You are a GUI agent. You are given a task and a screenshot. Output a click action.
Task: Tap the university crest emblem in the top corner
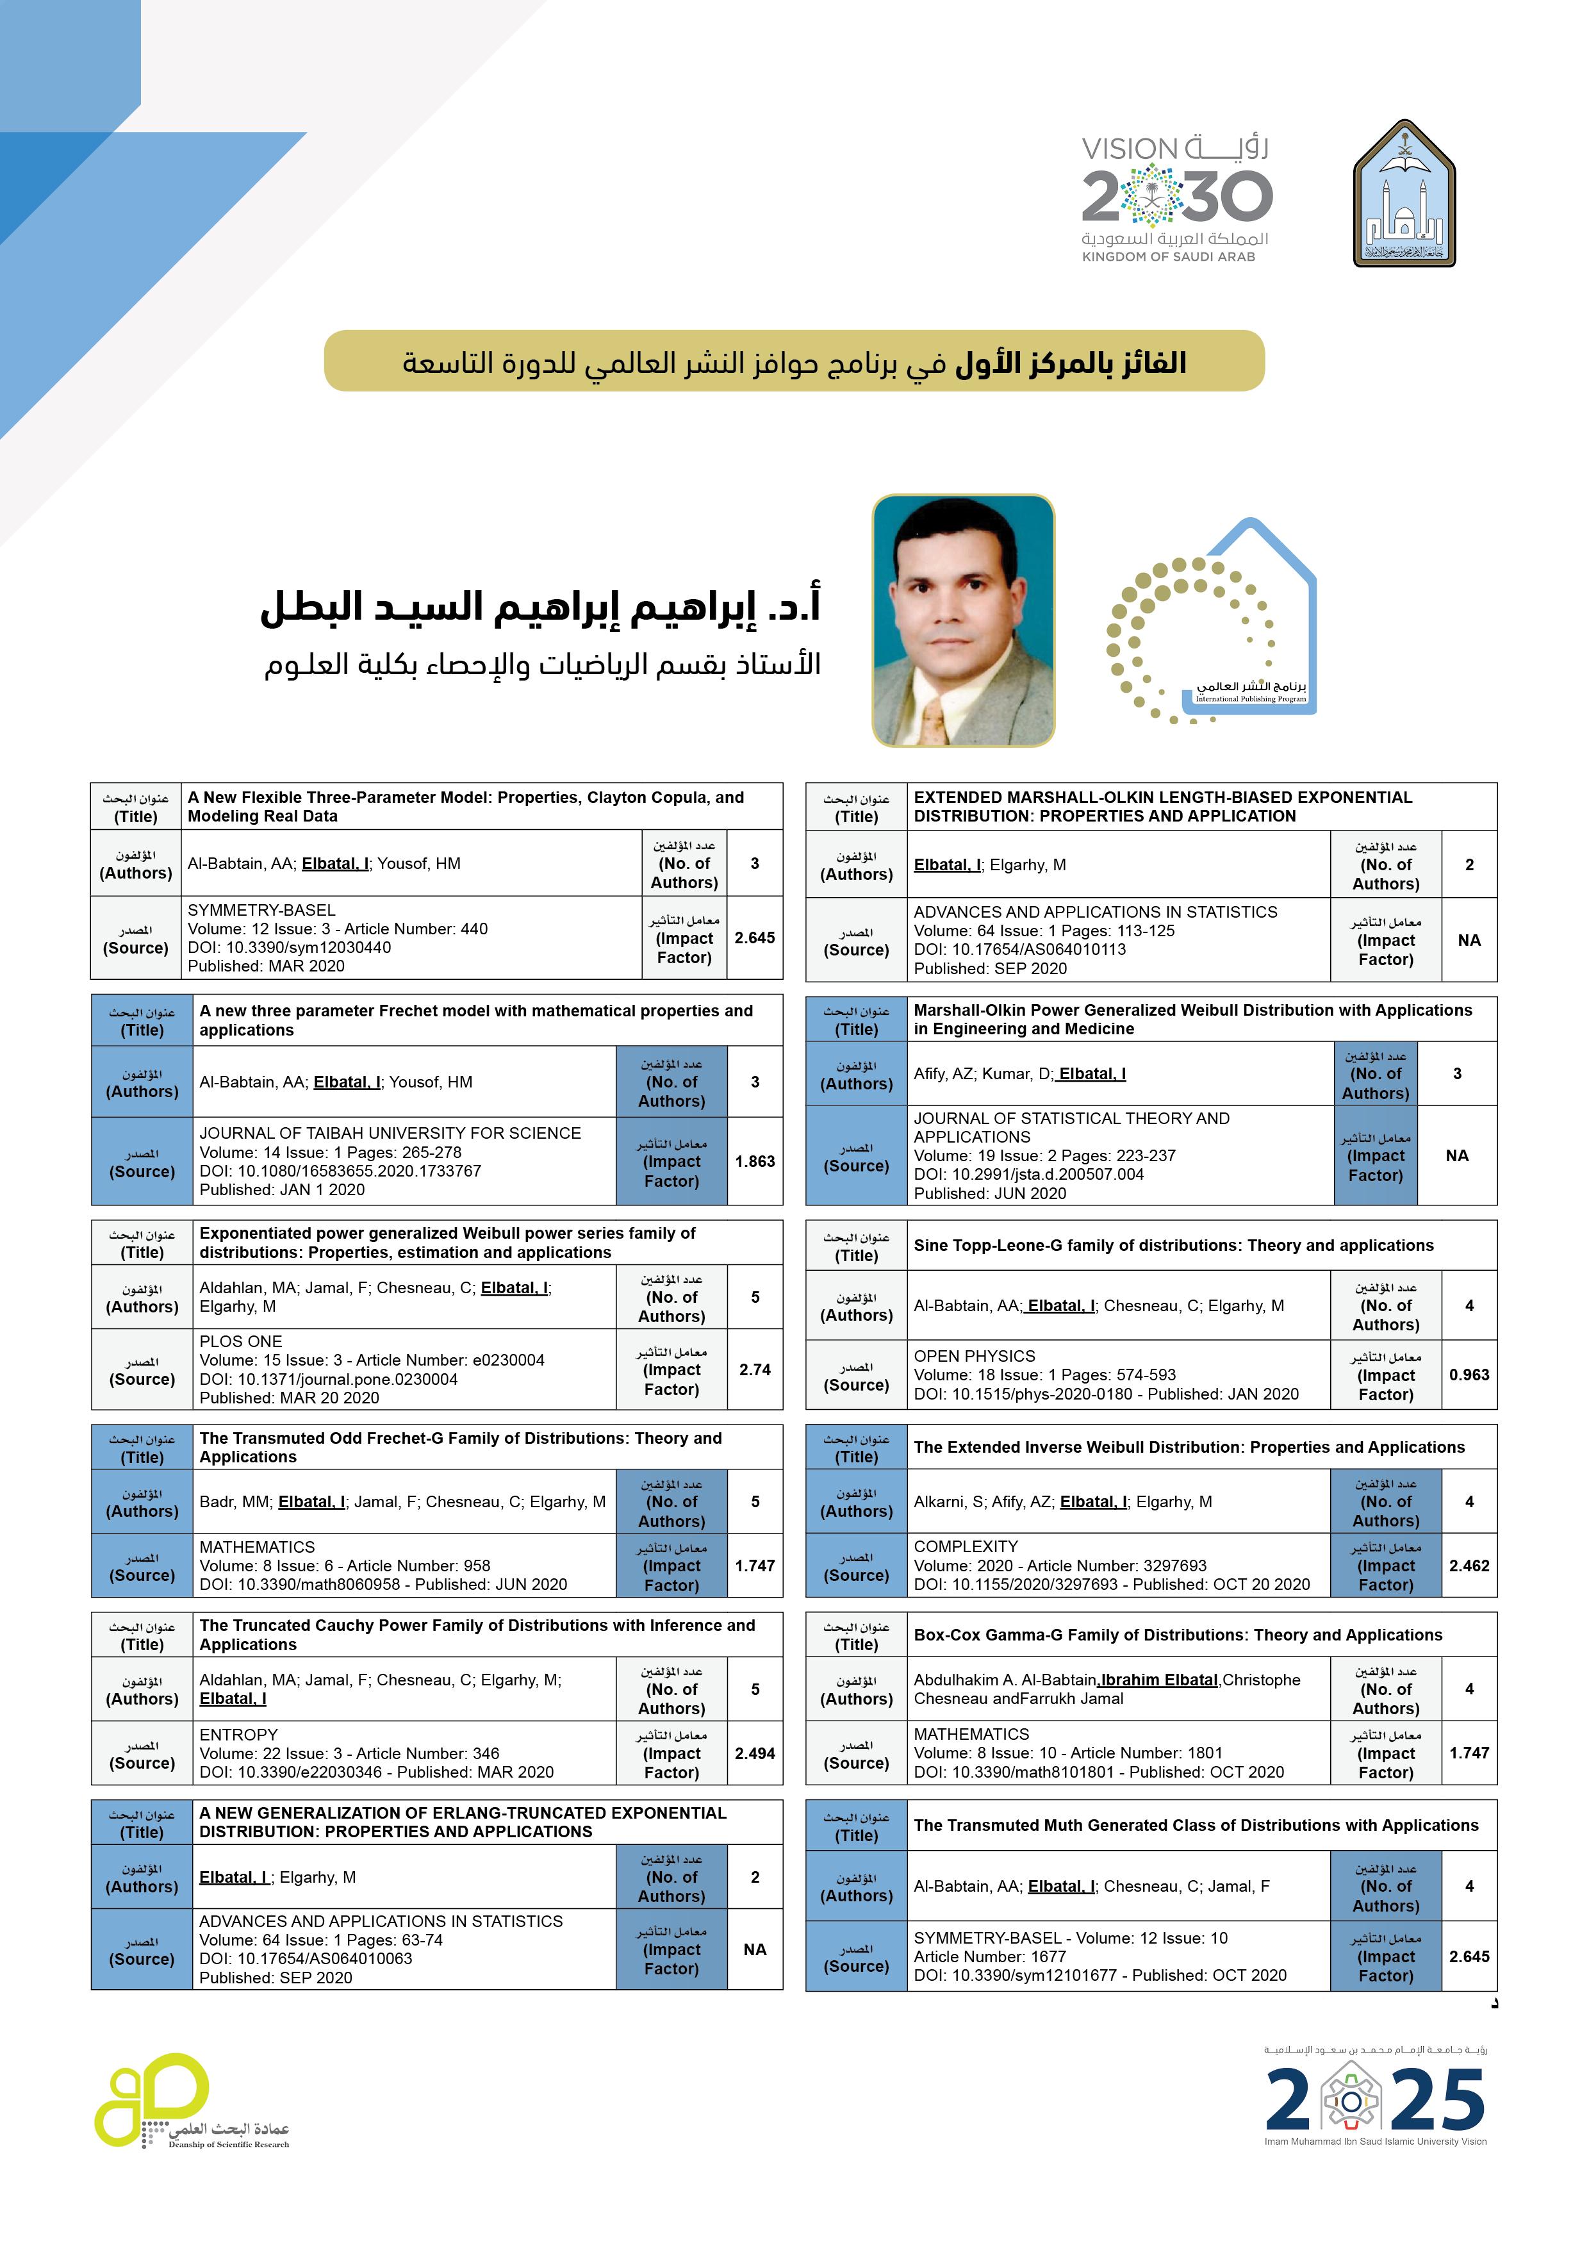point(1404,194)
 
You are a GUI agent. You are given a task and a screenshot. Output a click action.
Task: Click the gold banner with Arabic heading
point(793,361)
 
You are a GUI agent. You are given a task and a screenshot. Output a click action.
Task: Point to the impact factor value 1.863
point(754,1161)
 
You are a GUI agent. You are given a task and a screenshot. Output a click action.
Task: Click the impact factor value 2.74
point(754,1369)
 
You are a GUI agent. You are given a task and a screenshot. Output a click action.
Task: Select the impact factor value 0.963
point(1469,1375)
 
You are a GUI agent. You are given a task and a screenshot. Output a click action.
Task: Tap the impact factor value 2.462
point(1469,1566)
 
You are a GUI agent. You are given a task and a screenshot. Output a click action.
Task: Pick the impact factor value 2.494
point(754,1753)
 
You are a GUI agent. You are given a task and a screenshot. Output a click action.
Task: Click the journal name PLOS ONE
point(241,1341)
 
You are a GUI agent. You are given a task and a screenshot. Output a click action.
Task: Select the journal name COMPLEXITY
point(966,1546)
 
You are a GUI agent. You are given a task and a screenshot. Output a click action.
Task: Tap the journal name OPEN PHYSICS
point(974,1356)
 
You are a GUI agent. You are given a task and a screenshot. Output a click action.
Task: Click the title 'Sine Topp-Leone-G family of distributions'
point(1173,1245)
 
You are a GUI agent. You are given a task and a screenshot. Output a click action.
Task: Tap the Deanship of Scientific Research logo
point(191,2102)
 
